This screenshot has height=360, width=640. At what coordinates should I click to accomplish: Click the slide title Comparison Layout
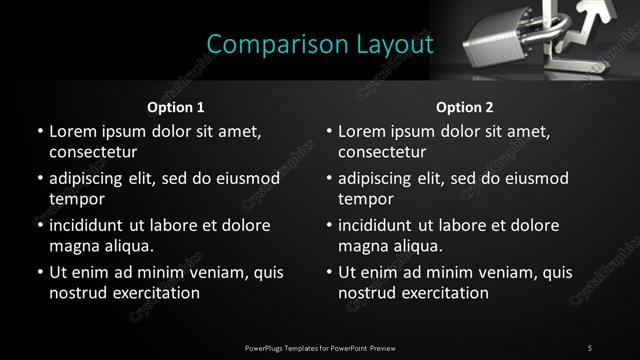pos(320,45)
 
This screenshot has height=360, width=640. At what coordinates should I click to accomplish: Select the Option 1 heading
pos(176,107)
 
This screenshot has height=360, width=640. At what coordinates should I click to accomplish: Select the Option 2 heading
pos(465,107)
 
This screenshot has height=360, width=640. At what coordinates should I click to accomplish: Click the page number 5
pos(589,347)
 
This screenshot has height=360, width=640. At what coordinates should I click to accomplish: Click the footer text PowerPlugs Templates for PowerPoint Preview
pos(320,347)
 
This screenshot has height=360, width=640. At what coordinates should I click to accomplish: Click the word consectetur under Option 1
pos(92,152)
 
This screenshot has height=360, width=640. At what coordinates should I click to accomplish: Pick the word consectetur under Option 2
pos(382,152)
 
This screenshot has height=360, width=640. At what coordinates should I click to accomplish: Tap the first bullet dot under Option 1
pos(39,132)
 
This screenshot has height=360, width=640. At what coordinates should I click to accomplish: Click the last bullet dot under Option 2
pos(329,273)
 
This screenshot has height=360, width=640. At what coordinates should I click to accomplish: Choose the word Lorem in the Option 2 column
pos(362,131)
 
